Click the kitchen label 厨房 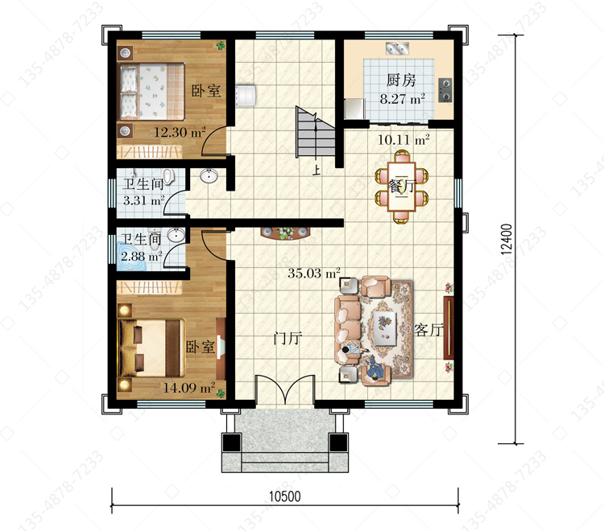tap(401, 80)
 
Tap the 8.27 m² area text tap(403, 99)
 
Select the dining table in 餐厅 tap(402, 187)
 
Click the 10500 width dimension tap(284, 496)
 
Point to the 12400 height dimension tap(507, 239)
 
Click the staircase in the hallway tap(315, 132)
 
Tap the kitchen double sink tap(397, 48)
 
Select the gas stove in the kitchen tap(445, 90)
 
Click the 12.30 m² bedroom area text tap(180, 133)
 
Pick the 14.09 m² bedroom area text tap(189, 388)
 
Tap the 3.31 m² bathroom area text tap(143, 200)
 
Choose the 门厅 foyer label tap(288, 339)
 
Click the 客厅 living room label tap(428, 330)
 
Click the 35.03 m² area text tap(314, 274)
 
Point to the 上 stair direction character tap(316, 170)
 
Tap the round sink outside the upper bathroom tap(209, 175)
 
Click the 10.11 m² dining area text tap(403, 140)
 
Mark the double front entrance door tap(284, 389)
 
